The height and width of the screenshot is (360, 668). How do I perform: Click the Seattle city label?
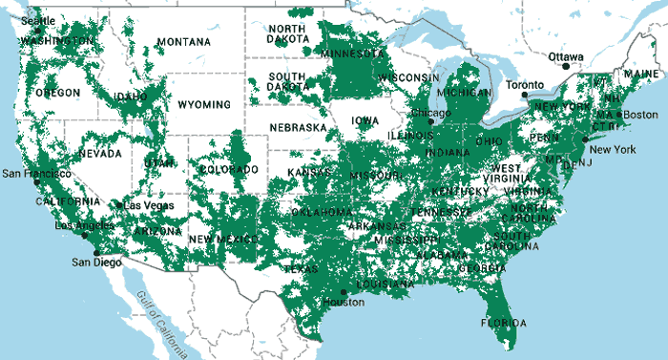(38, 20)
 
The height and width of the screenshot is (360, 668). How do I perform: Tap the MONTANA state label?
(184, 42)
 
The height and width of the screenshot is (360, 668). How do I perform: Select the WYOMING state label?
(198, 103)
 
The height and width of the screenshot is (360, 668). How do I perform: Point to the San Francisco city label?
(35, 174)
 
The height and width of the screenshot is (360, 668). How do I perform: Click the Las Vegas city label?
(144, 205)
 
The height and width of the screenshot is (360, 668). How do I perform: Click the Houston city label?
(344, 303)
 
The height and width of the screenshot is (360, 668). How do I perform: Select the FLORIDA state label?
(502, 322)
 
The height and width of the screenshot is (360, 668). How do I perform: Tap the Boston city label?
(638, 116)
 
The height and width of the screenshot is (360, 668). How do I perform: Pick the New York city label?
(612, 150)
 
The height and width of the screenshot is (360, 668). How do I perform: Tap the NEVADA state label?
(100, 153)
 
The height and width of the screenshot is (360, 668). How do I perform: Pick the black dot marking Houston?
(344, 292)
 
